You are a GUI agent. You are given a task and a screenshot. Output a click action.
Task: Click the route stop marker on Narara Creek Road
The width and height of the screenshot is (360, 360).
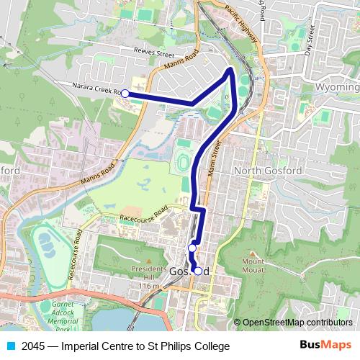(125, 94)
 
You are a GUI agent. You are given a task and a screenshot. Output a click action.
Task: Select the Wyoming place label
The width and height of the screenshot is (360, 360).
(337, 87)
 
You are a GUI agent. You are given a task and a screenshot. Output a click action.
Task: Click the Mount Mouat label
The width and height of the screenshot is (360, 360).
(254, 266)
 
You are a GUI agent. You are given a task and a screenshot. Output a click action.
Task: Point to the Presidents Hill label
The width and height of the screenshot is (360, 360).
(148, 275)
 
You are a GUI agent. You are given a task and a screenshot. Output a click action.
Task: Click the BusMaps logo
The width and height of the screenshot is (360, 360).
(325, 346)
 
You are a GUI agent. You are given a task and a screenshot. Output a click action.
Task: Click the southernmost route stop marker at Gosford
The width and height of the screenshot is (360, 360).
(197, 271)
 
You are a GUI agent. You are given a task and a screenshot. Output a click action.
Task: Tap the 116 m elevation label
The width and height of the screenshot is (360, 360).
(148, 286)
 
